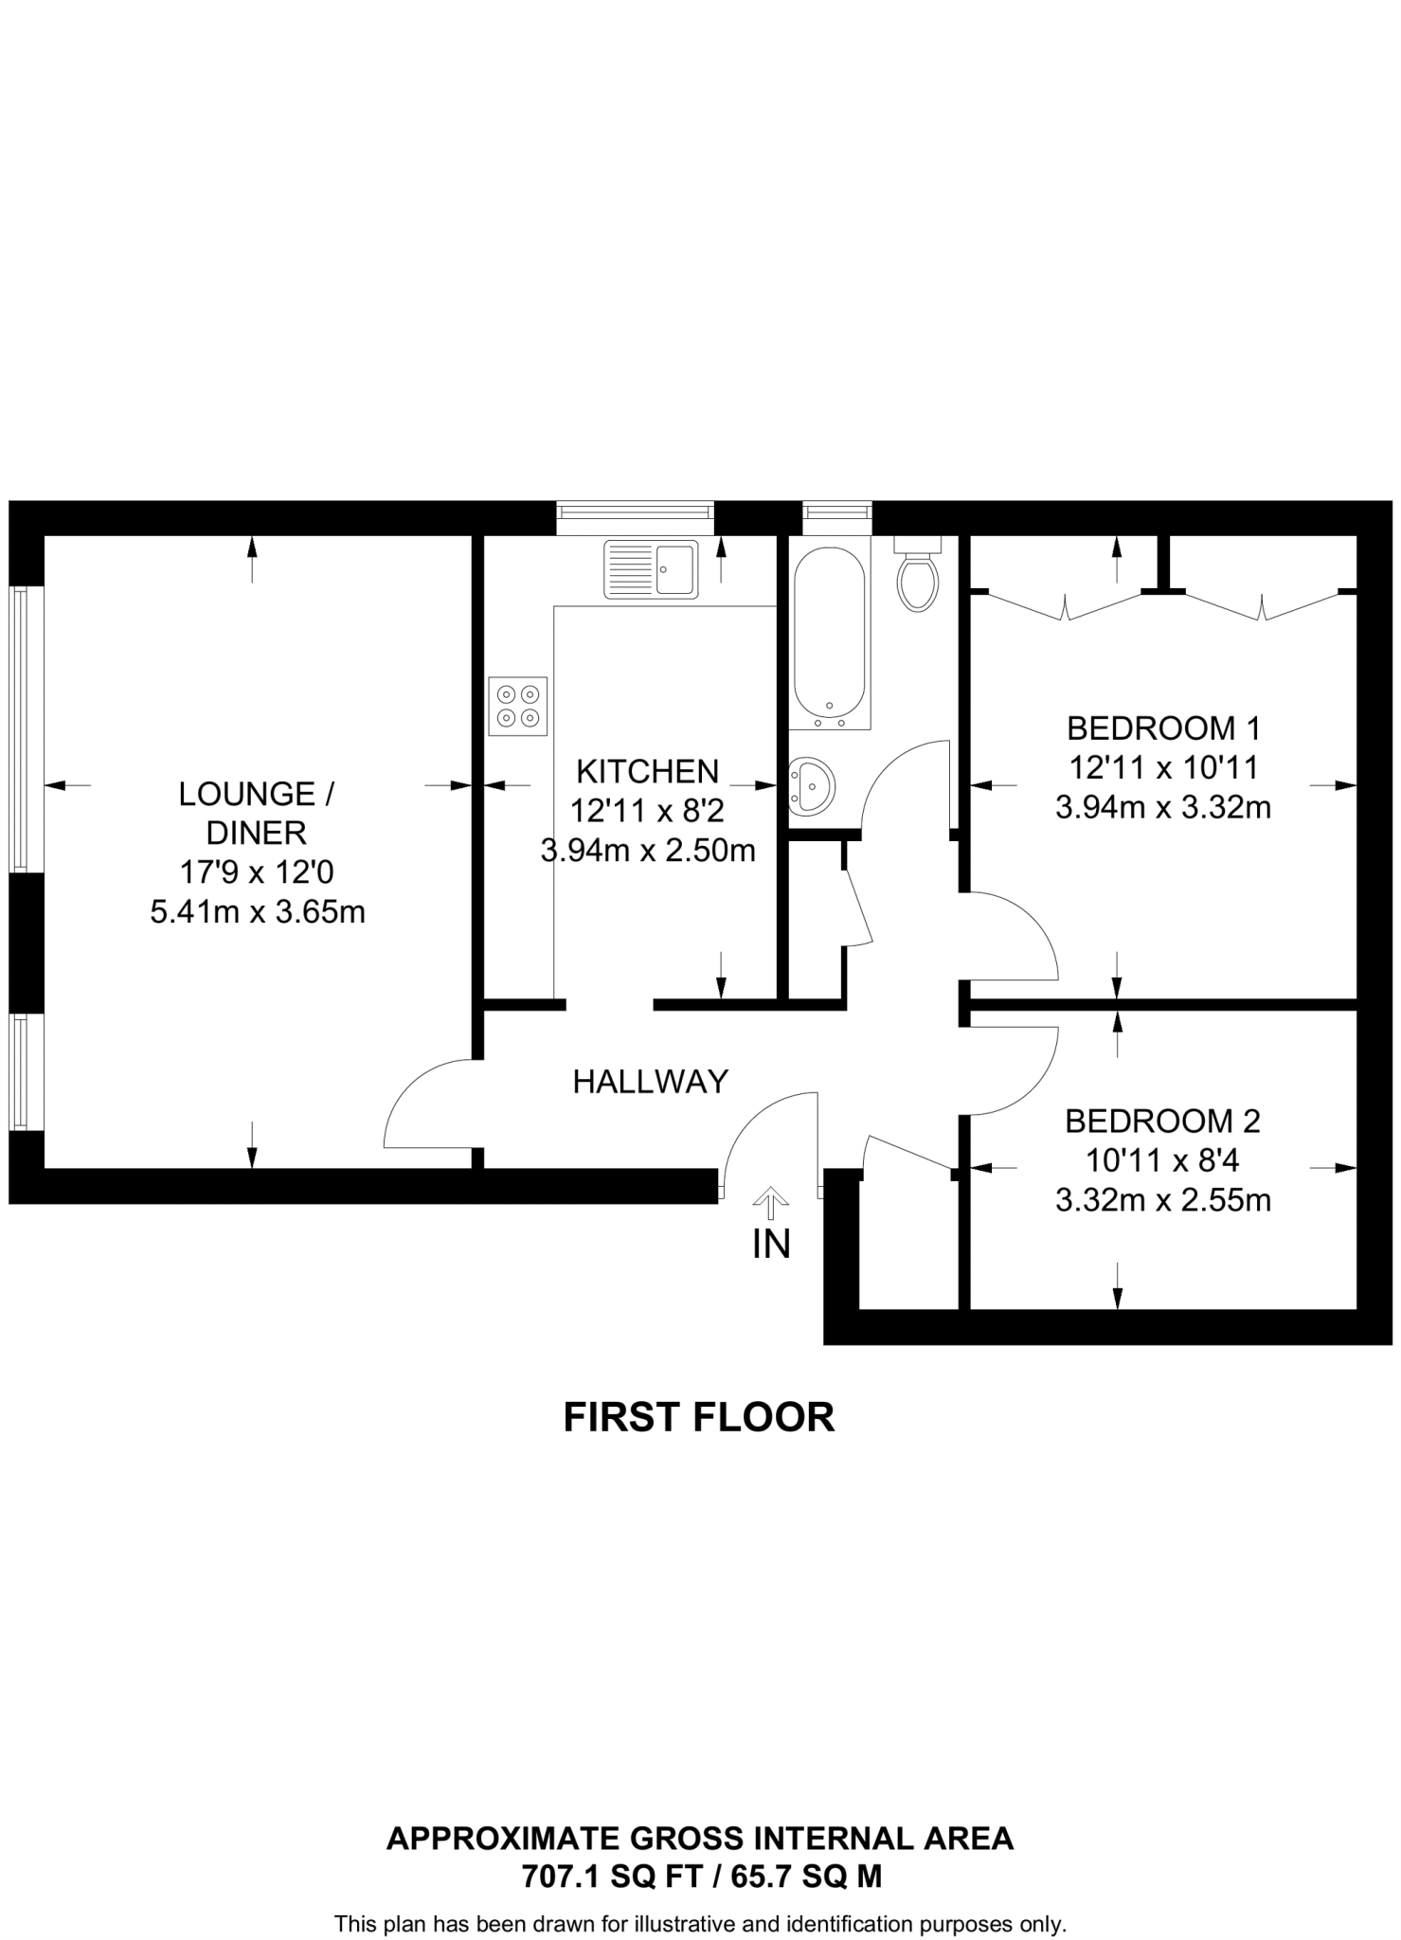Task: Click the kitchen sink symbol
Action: click(651, 569)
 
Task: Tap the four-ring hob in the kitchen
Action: click(518, 707)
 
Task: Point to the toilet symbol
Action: click(917, 576)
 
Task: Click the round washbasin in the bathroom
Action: click(811, 785)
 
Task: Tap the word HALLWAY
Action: click(650, 1082)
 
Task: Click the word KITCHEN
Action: click(648, 772)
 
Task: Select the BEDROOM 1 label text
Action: click(1163, 728)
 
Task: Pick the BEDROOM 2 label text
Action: click(1162, 1122)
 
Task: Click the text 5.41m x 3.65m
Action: click(258, 912)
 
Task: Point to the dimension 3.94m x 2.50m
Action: click(648, 851)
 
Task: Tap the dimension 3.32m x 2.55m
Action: click(1163, 1200)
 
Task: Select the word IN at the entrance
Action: click(771, 1245)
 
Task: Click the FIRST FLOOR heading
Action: click(699, 1418)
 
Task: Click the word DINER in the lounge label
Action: click(257, 834)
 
